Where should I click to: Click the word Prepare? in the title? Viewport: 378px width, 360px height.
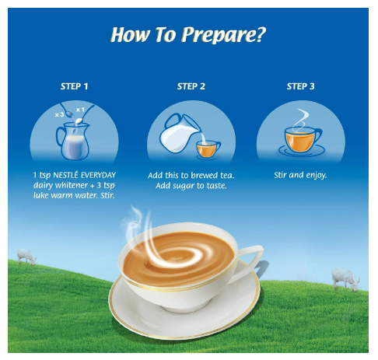point(223,35)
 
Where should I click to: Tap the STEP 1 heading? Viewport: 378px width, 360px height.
point(75,86)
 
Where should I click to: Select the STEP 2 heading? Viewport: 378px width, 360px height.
point(191,86)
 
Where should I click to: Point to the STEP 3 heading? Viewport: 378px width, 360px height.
point(301,86)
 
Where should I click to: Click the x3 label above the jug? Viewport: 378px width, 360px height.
point(59,114)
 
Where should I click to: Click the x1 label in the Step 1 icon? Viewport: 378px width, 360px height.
point(80,110)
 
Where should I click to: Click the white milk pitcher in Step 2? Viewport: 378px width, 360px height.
point(180,133)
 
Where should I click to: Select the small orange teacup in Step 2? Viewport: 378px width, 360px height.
point(208,149)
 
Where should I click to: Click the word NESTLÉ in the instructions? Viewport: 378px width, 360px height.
point(66,175)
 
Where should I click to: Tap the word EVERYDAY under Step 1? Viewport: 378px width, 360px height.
point(98,176)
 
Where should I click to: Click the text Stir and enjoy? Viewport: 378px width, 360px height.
point(300,176)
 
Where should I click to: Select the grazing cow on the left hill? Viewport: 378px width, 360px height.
point(26,257)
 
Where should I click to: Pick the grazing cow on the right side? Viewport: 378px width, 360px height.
point(345,279)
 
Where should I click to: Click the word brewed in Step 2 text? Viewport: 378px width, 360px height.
point(201,176)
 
